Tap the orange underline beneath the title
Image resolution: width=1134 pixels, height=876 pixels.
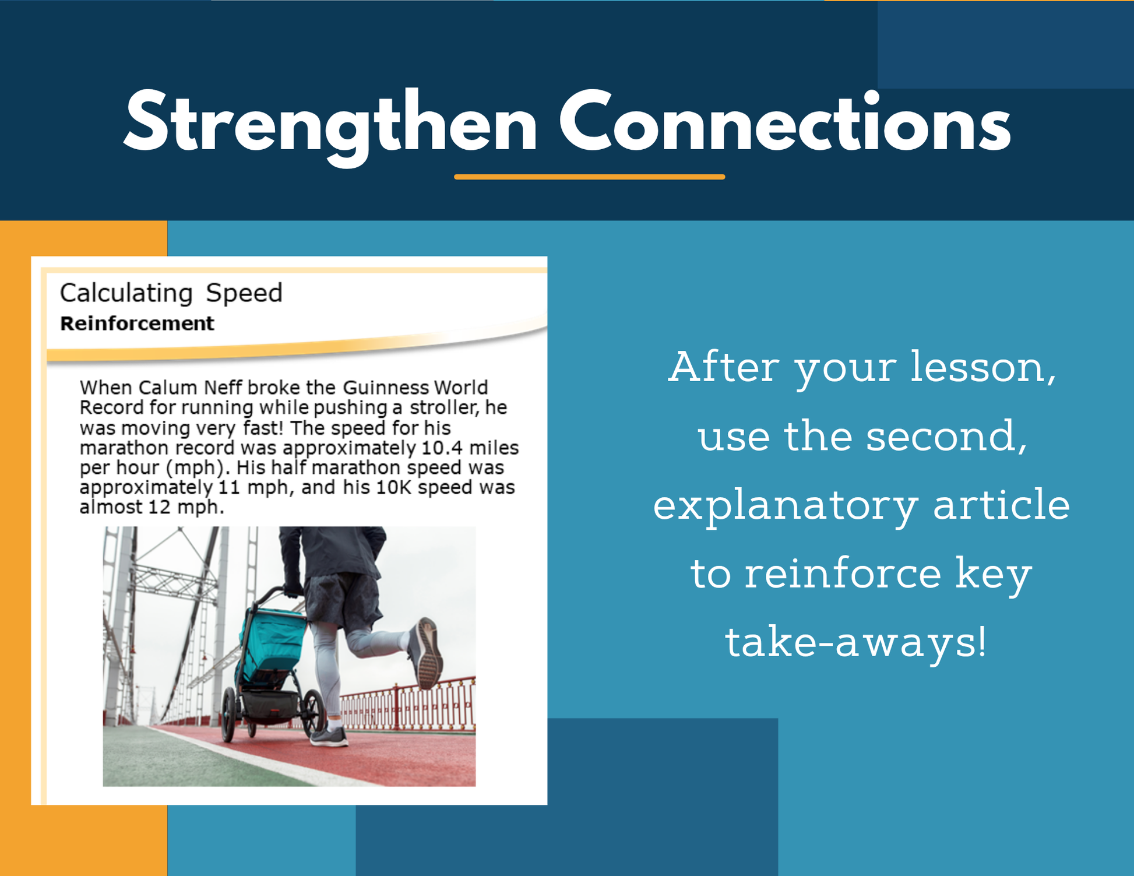590,177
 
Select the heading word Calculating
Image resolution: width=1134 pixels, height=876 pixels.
126,293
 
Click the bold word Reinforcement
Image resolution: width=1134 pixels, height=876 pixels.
137,323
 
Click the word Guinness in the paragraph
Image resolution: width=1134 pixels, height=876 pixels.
385,388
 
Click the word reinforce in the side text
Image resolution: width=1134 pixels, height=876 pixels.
843,573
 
